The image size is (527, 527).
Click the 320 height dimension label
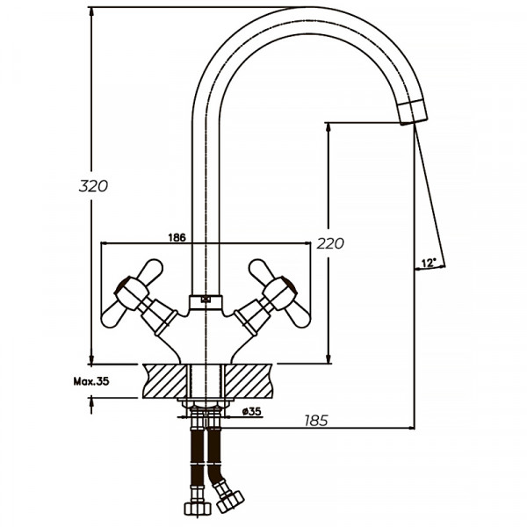point(92,186)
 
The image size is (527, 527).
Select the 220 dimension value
point(330,243)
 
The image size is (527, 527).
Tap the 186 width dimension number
point(176,237)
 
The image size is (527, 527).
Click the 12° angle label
point(428,263)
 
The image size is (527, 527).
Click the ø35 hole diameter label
point(250,411)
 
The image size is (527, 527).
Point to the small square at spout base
point(206,299)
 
